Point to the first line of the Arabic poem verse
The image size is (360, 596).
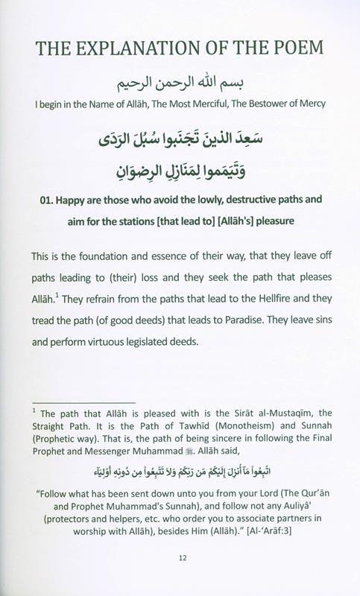pos(180,138)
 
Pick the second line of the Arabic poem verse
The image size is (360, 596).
pos(180,171)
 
